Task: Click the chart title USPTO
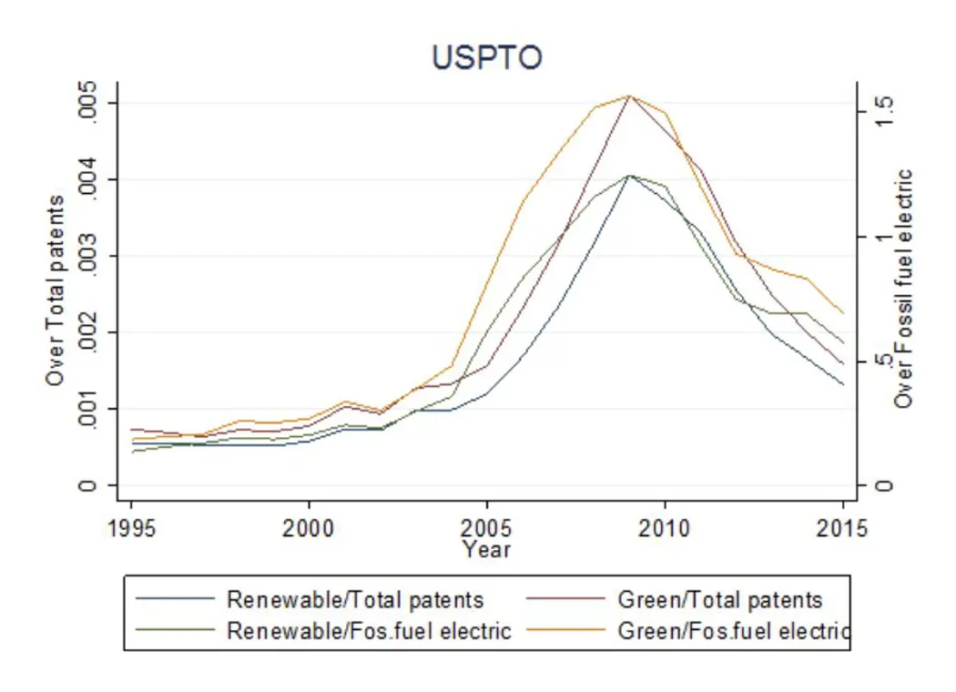tap(486, 57)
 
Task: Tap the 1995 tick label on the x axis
tap(131, 530)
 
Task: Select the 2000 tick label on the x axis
tap(309, 530)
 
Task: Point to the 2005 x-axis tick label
tap(486, 530)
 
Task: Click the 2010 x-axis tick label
tap(665, 530)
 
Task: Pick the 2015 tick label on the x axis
tap(842, 530)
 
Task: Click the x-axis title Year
tap(486, 549)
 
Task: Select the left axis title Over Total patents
tap(56, 290)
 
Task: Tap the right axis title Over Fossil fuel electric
tap(903, 288)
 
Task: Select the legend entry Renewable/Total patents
tap(355, 600)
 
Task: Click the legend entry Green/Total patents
tap(719, 600)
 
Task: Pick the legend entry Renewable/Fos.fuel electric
tap(369, 630)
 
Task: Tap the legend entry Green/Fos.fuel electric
tap(733, 630)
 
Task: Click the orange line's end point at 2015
tap(843, 312)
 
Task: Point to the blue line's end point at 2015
tap(843, 384)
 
